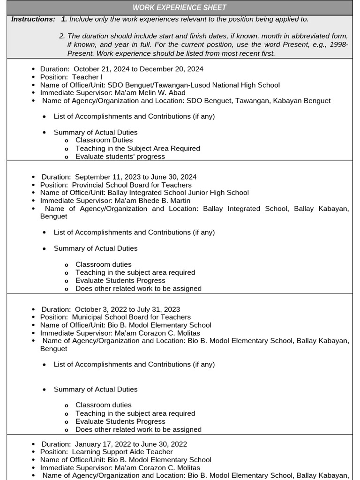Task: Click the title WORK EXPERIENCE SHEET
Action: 180,7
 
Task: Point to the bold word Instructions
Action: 33,19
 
